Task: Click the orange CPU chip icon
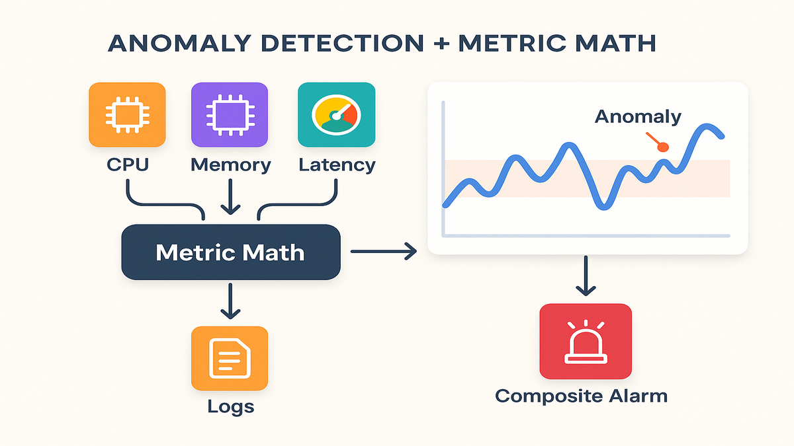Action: pyautogui.click(x=127, y=114)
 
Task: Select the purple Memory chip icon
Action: pyautogui.click(x=230, y=114)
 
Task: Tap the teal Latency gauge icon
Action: pyautogui.click(x=336, y=114)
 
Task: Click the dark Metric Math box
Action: pyautogui.click(x=230, y=252)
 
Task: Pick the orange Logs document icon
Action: pyautogui.click(x=230, y=358)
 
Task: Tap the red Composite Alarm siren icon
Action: pyautogui.click(x=586, y=341)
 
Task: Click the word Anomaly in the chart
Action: pyautogui.click(x=638, y=117)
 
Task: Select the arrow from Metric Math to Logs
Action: pyautogui.click(x=230, y=300)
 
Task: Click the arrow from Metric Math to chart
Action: pyautogui.click(x=383, y=251)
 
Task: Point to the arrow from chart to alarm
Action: pyautogui.click(x=586, y=276)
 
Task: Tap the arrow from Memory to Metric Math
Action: pyautogui.click(x=230, y=198)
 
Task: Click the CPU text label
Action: pyautogui.click(x=128, y=164)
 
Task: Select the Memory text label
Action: pyautogui.click(x=230, y=164)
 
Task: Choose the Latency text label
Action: pyautogui.click(x=337, y=164)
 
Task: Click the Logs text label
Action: pyautogui.click(x=230, y=406)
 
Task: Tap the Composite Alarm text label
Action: pyautogui.click(x=581, y=396)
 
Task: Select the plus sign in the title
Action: pyautogui.click(x=440, y=44)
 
